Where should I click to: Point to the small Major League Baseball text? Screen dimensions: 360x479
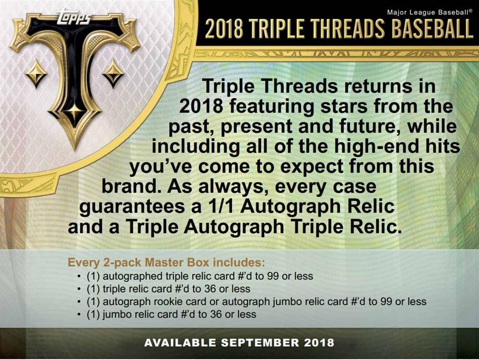click(430, 12)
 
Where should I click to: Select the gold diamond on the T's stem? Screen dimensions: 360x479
click(74, 110)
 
